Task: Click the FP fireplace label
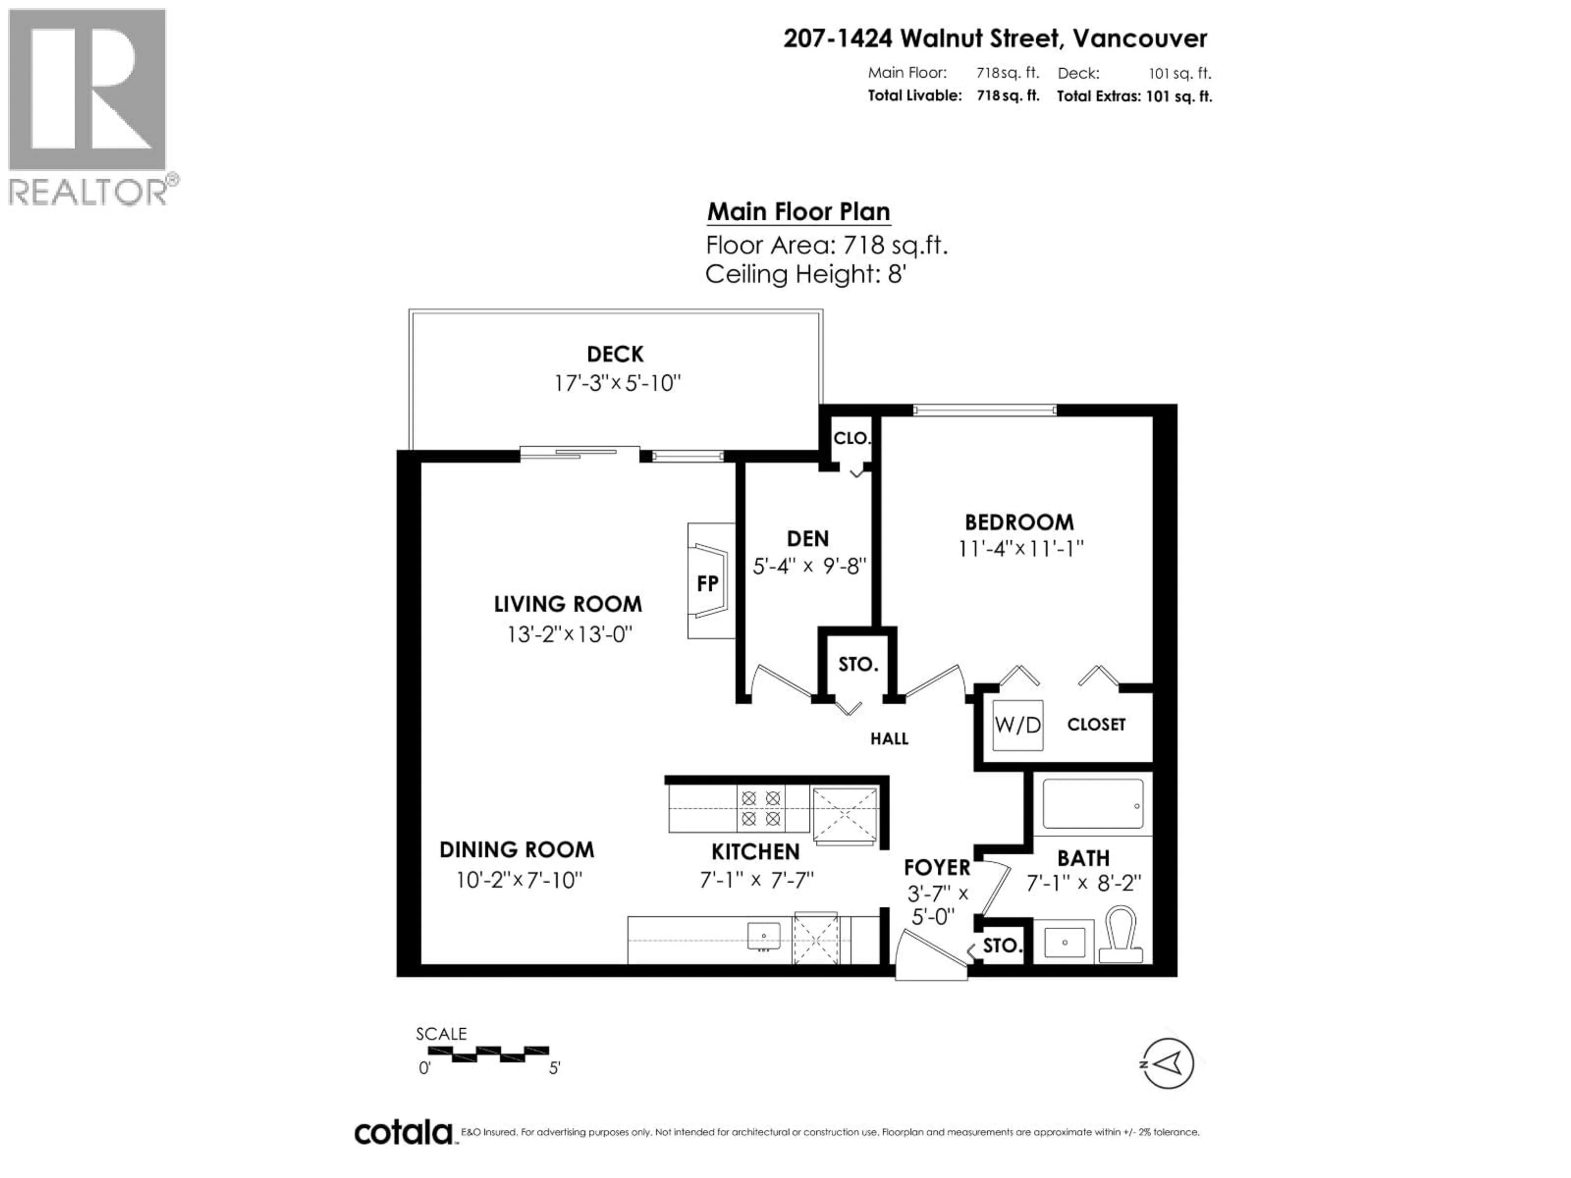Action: click(x=707, y=584)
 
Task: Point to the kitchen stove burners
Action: click(x=761, y=809)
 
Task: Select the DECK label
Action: click(x=615, y=354)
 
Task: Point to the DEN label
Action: click(x=808, y=539)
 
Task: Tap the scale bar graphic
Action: click(x=488, y=1054)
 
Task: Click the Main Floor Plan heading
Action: click(x=798, y=211)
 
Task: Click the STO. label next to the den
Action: click(x=858, y=665)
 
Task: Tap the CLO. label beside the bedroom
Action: click(x=851, y=438)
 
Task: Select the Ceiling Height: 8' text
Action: click(x=806, y=274)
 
